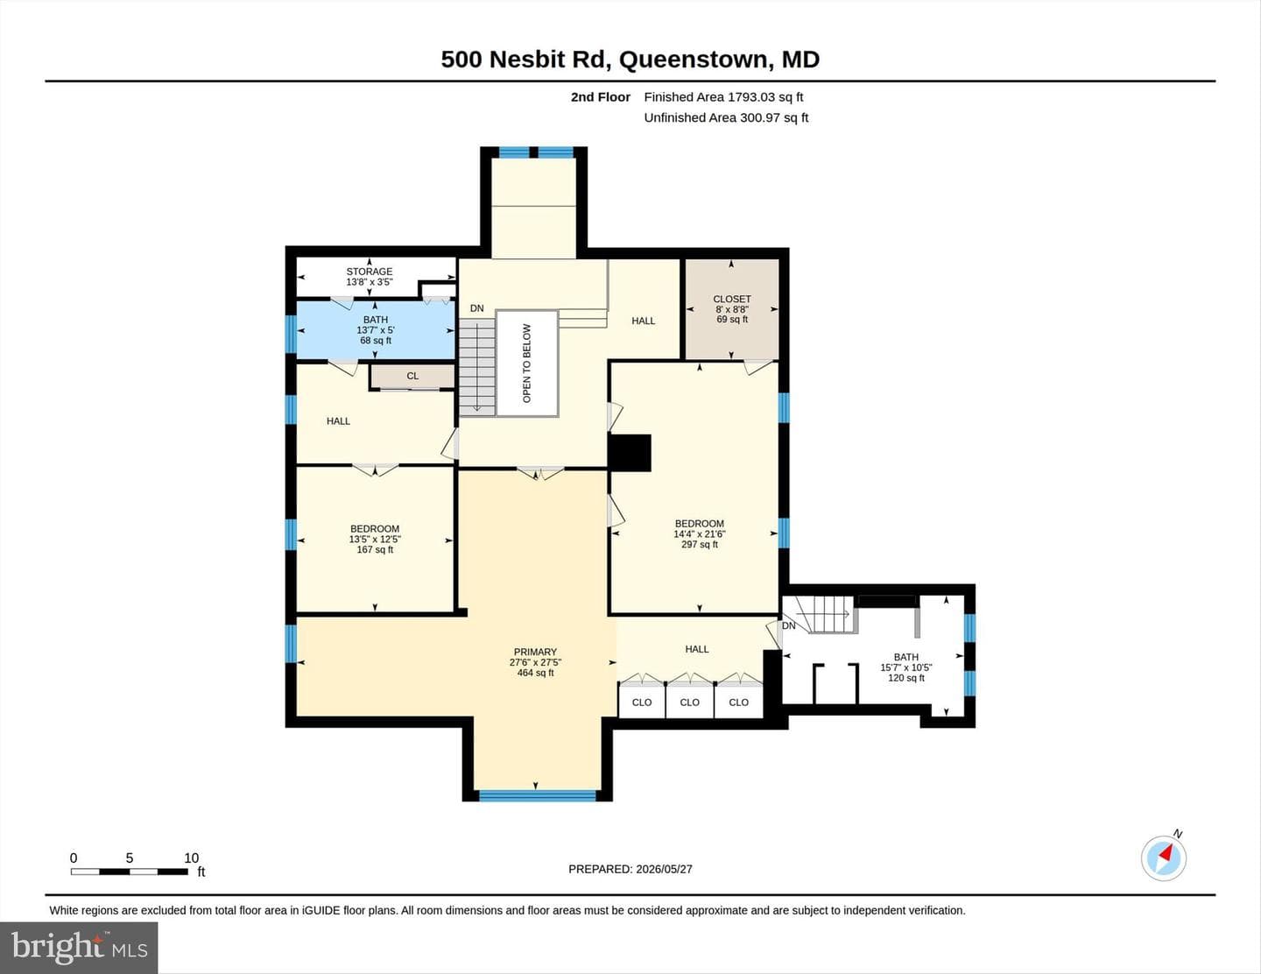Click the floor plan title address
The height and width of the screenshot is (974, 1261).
(630, 60)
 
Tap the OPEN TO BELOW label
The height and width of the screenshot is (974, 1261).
(527, 363)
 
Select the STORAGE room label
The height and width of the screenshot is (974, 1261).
(370, 271)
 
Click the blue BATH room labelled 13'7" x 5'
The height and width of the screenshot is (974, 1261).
(376, 330)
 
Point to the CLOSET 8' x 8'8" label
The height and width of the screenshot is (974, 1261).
(732, 309)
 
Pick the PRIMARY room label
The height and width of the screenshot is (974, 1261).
(535, 652)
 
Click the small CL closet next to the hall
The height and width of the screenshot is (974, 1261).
(412, 376)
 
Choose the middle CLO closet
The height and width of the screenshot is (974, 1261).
(689, 702)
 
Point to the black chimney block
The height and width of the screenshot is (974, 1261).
(630, 453)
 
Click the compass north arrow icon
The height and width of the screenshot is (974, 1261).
(1164, 858)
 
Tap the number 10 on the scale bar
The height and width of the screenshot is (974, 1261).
(192, 858)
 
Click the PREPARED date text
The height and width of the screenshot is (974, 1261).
(630, 869)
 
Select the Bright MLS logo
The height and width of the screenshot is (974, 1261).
(79, 948)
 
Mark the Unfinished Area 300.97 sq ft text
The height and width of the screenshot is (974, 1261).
(726, 118)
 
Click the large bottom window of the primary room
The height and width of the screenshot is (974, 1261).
(538, 796)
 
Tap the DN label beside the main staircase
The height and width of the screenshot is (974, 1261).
(477, 308)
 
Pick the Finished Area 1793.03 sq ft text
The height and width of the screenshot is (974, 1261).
(723, 97)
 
